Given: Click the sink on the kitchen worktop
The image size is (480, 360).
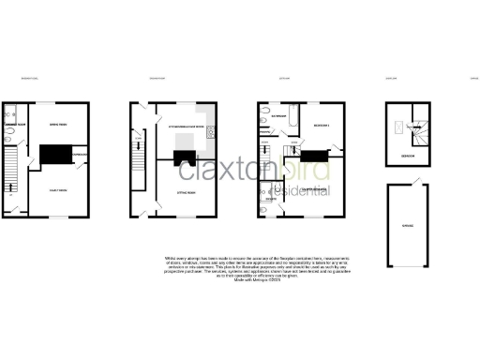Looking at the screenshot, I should (x=213, y=130).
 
